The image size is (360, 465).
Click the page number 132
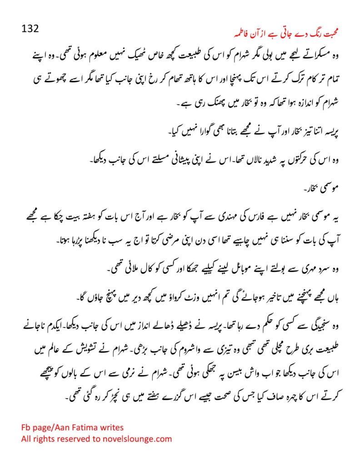point(30,29)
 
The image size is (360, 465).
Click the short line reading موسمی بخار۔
point(325,187)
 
